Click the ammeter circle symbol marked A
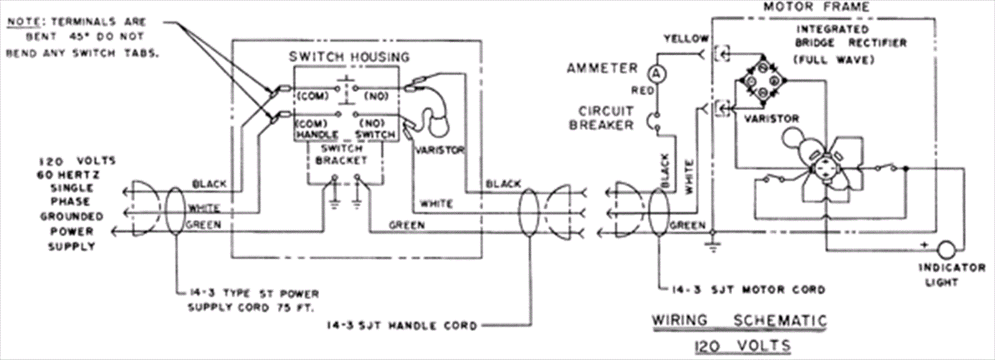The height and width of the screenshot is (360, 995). tap(656, 73)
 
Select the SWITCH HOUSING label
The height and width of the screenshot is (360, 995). tap(349, 57)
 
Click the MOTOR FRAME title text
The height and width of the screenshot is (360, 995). tap(816, 7)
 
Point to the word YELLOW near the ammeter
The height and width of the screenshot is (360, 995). tap(686, 39)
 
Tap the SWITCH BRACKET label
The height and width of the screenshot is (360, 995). tap(343, 155)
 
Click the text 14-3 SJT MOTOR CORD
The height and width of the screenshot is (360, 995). tap(749, 289)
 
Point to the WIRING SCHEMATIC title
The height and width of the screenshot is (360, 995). tap(739, 321)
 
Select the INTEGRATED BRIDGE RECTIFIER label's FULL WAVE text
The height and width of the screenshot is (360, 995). tap(834, 60)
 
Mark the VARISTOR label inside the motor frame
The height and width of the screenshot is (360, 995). tap(772, 118)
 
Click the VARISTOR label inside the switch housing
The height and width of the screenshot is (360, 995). tap(438, 149)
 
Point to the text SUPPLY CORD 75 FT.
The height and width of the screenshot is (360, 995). tap(252, 307)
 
